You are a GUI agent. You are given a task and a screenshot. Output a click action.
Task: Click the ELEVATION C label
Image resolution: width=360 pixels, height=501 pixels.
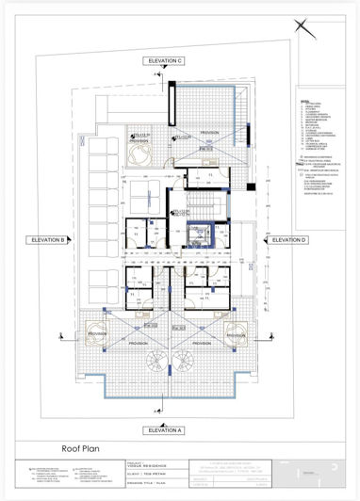(166, 61)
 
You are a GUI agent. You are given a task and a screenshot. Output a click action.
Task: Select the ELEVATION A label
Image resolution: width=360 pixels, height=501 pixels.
(166, 429)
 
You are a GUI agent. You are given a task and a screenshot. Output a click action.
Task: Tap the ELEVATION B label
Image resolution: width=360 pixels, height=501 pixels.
(46, 240)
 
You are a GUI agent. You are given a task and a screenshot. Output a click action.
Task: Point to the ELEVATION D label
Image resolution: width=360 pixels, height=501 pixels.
(289, 240)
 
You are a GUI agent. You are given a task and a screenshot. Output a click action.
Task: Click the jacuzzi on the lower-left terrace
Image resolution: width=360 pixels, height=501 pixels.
(116, 333)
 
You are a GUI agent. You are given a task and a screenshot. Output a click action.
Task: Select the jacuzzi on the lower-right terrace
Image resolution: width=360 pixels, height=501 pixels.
(237, 333)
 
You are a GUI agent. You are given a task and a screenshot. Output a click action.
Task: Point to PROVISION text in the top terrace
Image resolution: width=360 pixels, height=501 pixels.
(209, 134)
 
